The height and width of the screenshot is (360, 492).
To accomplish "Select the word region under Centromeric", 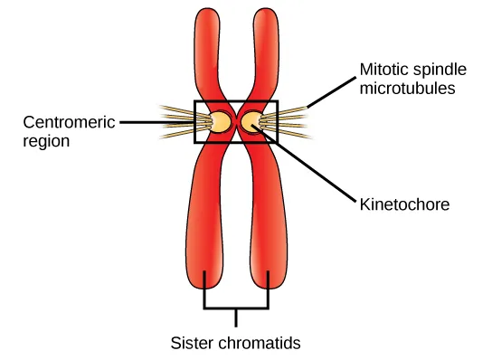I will pyautogui.click(x=44, y=141).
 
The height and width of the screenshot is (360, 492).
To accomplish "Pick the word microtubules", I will pyautogui.click(x=405, y=90).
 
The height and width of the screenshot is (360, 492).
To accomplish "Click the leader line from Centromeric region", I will pyautogui.click(x=158, y=121).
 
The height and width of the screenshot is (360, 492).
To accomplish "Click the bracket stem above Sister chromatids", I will pyautogui.click(x=238, y=317).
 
